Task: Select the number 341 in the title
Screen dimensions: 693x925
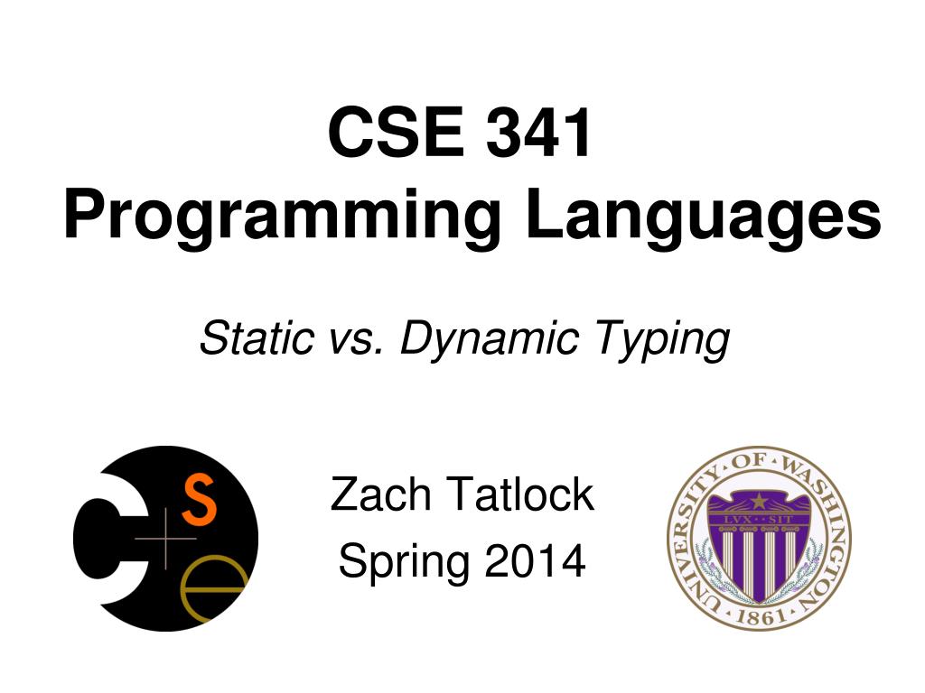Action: [x=541, y=133]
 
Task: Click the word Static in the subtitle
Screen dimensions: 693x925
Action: [x=250, y=339]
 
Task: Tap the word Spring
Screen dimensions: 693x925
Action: [x=404, y=562]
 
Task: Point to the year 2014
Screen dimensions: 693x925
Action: [x=535, y=562]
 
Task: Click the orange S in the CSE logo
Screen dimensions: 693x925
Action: [x=200, y=502]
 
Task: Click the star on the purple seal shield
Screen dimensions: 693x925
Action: [x=759, y=500]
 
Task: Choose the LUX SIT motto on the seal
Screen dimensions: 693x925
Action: [x=759, y=520]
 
